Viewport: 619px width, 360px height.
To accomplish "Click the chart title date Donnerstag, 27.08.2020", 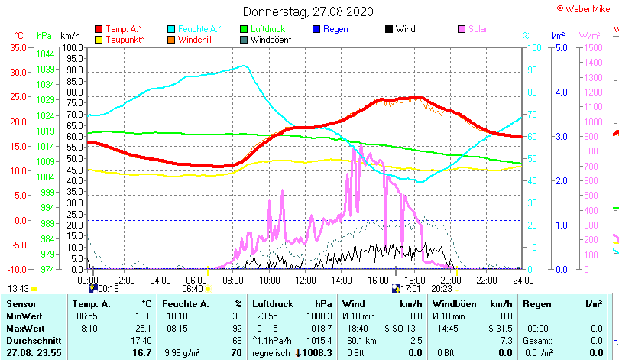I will [309, 11].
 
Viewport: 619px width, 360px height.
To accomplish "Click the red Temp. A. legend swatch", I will [98, 29].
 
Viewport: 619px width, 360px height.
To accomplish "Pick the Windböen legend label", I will [271, 39].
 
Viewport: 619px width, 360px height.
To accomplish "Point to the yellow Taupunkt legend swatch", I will [98, 39].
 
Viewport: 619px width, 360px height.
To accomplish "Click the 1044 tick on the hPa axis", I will [45, 54].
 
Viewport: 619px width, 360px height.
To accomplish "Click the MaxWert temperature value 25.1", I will [141, 327].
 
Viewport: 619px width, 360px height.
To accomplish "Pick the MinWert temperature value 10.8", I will [141, 316].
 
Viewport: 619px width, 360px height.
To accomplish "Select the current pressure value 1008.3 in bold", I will [315, 353].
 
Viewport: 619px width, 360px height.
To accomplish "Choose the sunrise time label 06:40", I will [193, 289].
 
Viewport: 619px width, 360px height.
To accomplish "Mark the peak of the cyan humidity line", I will [244, 66].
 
